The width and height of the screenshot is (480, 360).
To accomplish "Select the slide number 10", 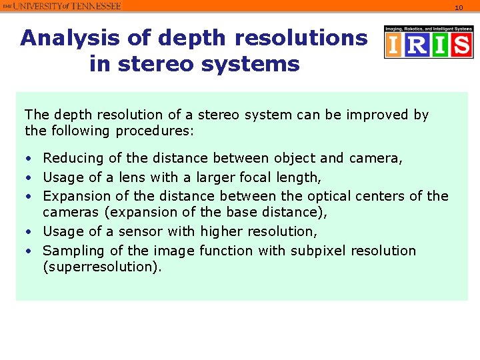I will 459,7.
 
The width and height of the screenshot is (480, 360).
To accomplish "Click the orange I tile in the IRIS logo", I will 393,45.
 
